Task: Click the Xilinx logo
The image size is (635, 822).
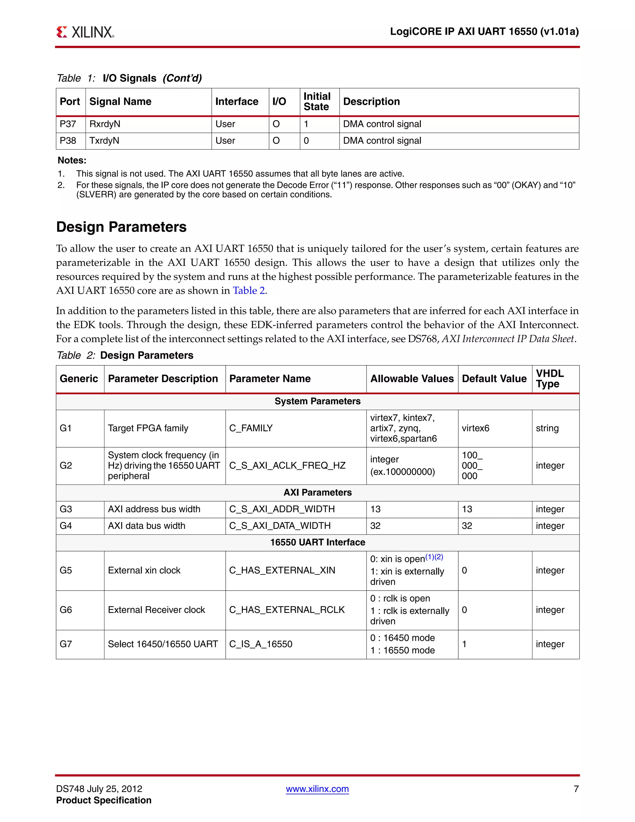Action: [x=85, y=32]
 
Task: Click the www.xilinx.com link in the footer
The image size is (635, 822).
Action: [x=317, y=789]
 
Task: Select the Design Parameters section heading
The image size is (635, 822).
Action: [x=121, y=227]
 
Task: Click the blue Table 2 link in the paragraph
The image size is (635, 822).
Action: [x=249, y=291]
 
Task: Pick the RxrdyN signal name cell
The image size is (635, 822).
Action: [x=105, y=124]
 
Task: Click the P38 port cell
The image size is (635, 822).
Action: [x=68, y=141]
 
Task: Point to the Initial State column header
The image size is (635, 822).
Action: [x=317, y=102]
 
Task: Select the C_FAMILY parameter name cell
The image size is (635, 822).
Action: [x=251, y=428]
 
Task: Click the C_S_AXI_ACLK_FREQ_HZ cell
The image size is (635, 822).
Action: [x=287, y=466]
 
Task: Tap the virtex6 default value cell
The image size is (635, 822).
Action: [x=476, y=428]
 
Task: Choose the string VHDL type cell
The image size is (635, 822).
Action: [x=547, y=428]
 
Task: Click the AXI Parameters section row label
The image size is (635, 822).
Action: [x=317, y=493]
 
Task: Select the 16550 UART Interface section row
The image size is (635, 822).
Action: [x=317, y=542]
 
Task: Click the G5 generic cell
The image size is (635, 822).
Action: [x=66, y=570]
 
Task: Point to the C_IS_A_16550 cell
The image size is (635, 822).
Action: [x=261, y=644]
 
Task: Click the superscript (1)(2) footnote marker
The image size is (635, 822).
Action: [x=434, y=557]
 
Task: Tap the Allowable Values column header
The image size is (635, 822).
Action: [x=412, y=379]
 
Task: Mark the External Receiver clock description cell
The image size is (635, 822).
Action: [x=157, y=610]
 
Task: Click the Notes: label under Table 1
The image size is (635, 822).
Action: [x=72, y=160]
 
